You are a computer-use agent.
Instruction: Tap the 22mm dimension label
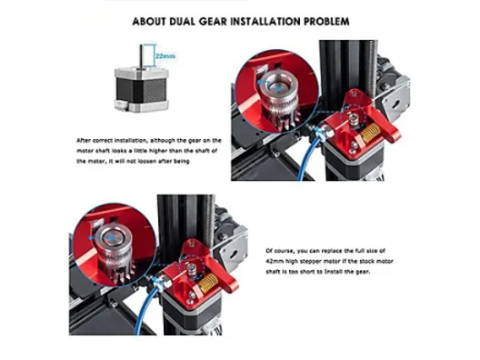[165, 56]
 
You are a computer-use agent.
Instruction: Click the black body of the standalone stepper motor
[142, 90]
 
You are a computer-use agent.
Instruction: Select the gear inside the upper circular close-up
[277, 98]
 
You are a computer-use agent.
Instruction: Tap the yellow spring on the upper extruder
[370, 133]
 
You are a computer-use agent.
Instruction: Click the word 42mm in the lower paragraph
[275, 262]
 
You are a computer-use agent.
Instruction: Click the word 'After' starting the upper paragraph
[84, 141]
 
